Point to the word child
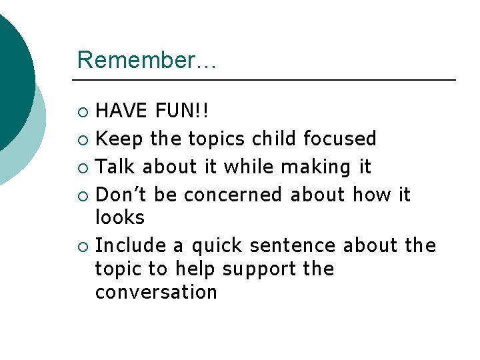(x=274, y=139)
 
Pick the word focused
(x=340, y=139)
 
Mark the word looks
(x=120, y=217)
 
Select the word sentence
(x=293, y=246)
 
